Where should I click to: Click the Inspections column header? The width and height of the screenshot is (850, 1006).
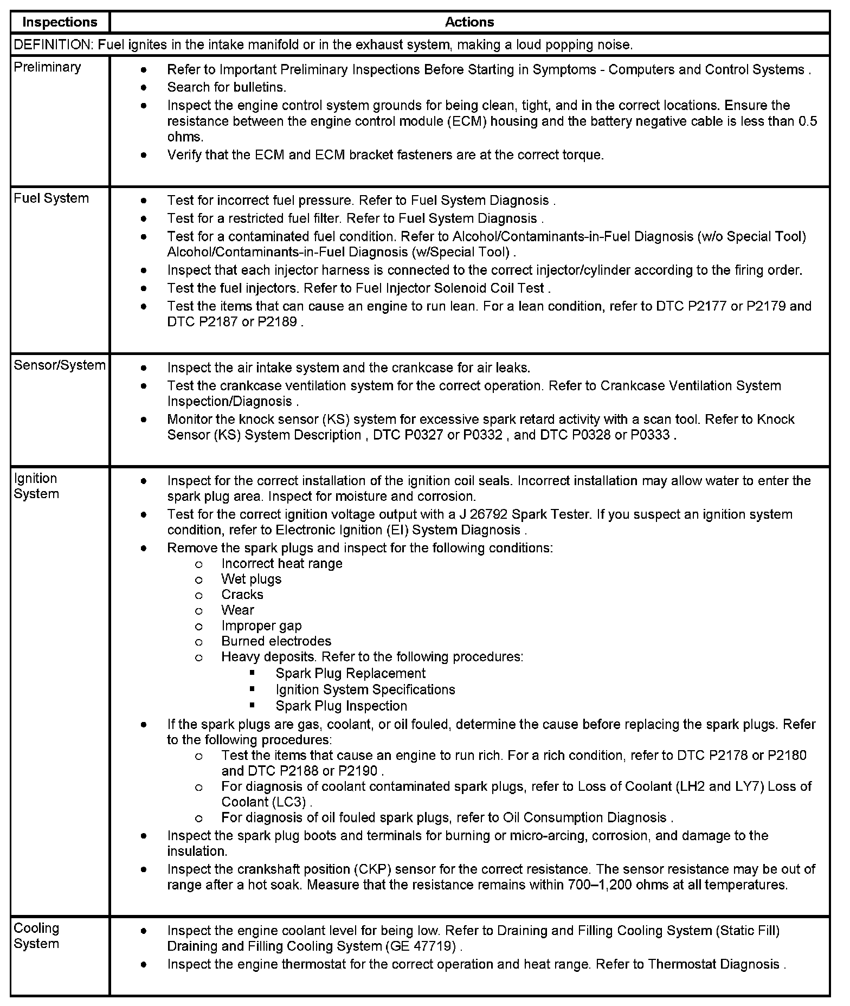coord(60,22)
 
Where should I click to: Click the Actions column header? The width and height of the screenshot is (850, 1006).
coord(469,22)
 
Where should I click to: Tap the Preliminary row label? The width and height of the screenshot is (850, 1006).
coord(47,67)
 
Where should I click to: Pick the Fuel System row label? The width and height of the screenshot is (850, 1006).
coord(51,198)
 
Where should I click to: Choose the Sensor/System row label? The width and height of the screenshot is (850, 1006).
coord(60,365)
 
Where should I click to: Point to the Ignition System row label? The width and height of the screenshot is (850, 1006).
coord(36,486)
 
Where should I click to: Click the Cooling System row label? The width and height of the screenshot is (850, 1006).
coord(36,936)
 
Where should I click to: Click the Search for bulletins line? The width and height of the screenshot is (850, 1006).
coord(227,87)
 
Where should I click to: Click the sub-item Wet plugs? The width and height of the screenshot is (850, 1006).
coord(251,579)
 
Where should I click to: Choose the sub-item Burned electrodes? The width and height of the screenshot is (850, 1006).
coord(276,641)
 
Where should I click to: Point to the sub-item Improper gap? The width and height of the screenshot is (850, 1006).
coord(261,626)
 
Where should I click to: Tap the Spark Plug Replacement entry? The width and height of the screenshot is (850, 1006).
coord(350,674)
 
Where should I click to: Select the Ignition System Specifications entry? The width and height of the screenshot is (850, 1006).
coord(365,690)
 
